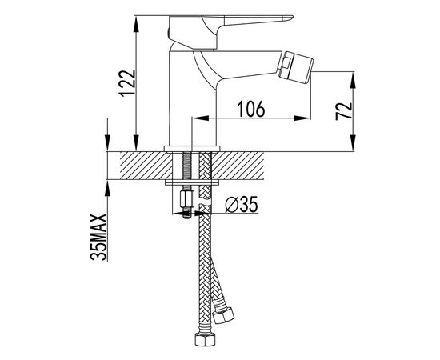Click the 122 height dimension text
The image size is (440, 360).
pyautogui.click(x=129, y=83)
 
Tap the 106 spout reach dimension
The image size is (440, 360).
pyautogui.click(x=251, y=109)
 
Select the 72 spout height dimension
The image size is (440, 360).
pyautogui.click(x=344, y=111)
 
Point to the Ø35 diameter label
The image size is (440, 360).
pyautogui.click(x=242, y=204)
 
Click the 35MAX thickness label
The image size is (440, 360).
pyautogui.click(x=98, y=237)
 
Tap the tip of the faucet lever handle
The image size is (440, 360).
pyautogui.click(x=291, y=18)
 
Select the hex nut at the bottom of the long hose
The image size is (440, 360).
pyautogui.click(x=205, y=339)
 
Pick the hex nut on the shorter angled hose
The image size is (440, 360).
pyautogui.click(x=223, y=315)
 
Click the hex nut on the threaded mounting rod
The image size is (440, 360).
pyautogui.click(x=187, y=199)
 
